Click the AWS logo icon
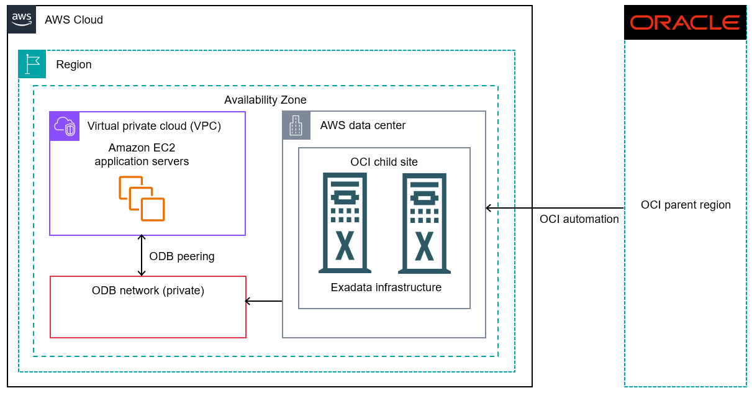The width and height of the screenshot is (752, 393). pyautogui.click(x=21, y=19)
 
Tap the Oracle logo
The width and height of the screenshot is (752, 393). pyautogui.click(x=685, y=23)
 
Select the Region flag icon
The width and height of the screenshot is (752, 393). pyautogui.click(x=32, y=64)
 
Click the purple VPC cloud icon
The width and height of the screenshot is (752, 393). pyautogui.click(x=65, y=126)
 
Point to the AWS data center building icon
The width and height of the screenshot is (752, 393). pyautogui.click(x=296, y=125)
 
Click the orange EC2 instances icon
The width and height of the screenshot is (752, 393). pyautogui.click(x=142, y=199)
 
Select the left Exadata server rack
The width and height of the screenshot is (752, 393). pyautogui.click(x=345, y=223)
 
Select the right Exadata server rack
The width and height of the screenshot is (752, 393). pyautogui.click(x=424, y=223)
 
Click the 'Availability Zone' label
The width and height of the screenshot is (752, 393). pyautogui.click(x=265, y=100)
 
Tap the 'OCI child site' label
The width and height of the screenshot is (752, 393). pyautogui.click(x=384, y=162)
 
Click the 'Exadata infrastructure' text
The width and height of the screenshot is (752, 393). pyautogui.click(x=386, y=287)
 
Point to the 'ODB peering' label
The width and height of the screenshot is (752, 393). pyautogui.click(x=182, y=256)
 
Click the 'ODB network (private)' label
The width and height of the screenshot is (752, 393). pyautogui.click(x=148, y=290)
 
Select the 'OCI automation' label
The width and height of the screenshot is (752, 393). pyautogui.click(x=579, y=219)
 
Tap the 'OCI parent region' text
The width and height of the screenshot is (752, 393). pyautogui.click(x=686, y=205)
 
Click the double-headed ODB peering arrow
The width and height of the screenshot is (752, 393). pyautogui.click(x=142, y=255)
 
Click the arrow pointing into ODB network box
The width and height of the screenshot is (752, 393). pyautogui.click(x=263, y=301)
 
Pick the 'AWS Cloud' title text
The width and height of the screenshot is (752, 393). pyautogui.click(x=74, y=20)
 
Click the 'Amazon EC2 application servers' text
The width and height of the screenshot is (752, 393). pyautogui.click(x=142, y=155)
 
